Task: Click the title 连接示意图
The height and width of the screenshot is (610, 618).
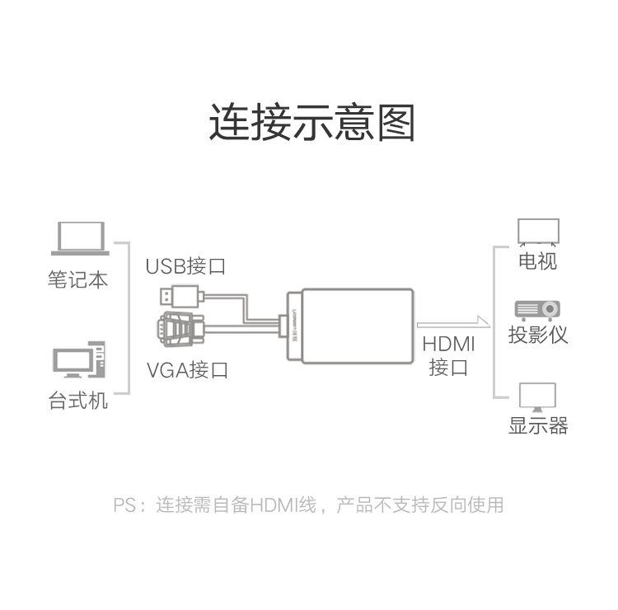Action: [x=311, y=122]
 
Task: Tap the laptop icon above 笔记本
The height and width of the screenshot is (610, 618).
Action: [x=80, y=238]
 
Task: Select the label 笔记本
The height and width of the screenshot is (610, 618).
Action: [x=77, y=279]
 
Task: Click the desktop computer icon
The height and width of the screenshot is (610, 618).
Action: [x=79, y=359]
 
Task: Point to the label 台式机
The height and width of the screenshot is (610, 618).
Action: [x=77, y=401]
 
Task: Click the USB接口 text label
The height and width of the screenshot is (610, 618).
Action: [x=185, y=266]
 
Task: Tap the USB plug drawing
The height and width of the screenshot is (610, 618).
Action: [x=182, y=296]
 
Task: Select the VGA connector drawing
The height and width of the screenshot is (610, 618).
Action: [x=181, y=328]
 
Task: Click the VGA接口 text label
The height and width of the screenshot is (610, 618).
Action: [x=187, y=370]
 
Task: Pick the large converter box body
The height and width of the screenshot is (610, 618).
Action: [x=357, y=326]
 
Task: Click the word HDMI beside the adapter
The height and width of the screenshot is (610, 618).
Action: [x=448, y=344]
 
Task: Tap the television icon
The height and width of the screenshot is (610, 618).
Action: [x=538, y=232]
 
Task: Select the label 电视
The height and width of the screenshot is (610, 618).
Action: [x=537, y=261]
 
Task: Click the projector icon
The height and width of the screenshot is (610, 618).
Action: [x=537, y=310]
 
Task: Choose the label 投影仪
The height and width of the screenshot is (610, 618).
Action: [x=537, y=335]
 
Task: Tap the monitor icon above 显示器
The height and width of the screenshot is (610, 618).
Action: [x=537, y=397]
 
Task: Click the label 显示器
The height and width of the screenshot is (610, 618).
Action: [x=538, y=426]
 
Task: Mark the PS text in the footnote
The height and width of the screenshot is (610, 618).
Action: [x=124, y=505]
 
